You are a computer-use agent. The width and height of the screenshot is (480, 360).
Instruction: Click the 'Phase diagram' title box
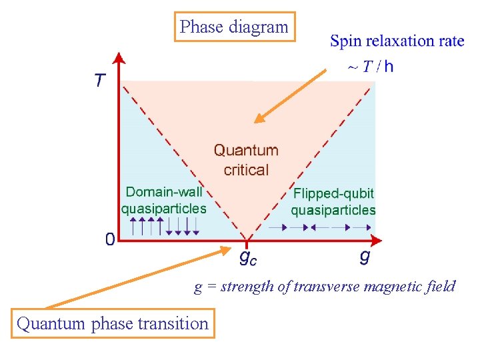coord(234,27)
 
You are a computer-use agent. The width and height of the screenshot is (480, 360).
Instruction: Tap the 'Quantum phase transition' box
coord(113,323)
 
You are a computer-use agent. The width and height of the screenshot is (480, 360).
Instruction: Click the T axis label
coord(100,81)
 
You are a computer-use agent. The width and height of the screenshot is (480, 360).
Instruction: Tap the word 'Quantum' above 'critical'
coord(246,151)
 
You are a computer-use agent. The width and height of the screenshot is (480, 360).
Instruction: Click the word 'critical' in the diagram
coord(246,170)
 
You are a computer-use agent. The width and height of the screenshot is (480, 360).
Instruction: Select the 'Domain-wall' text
coord(164,192)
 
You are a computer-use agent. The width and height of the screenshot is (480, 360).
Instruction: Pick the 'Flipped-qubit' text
coord(333,193)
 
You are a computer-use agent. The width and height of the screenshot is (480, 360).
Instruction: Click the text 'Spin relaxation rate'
coord(397,41)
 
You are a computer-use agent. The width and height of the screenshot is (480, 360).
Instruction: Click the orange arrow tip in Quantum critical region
coord(257,122)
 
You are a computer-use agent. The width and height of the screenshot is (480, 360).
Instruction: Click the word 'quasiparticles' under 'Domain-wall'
coord(164,209)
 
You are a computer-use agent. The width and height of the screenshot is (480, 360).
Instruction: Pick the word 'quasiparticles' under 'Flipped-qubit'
coord(333,210)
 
